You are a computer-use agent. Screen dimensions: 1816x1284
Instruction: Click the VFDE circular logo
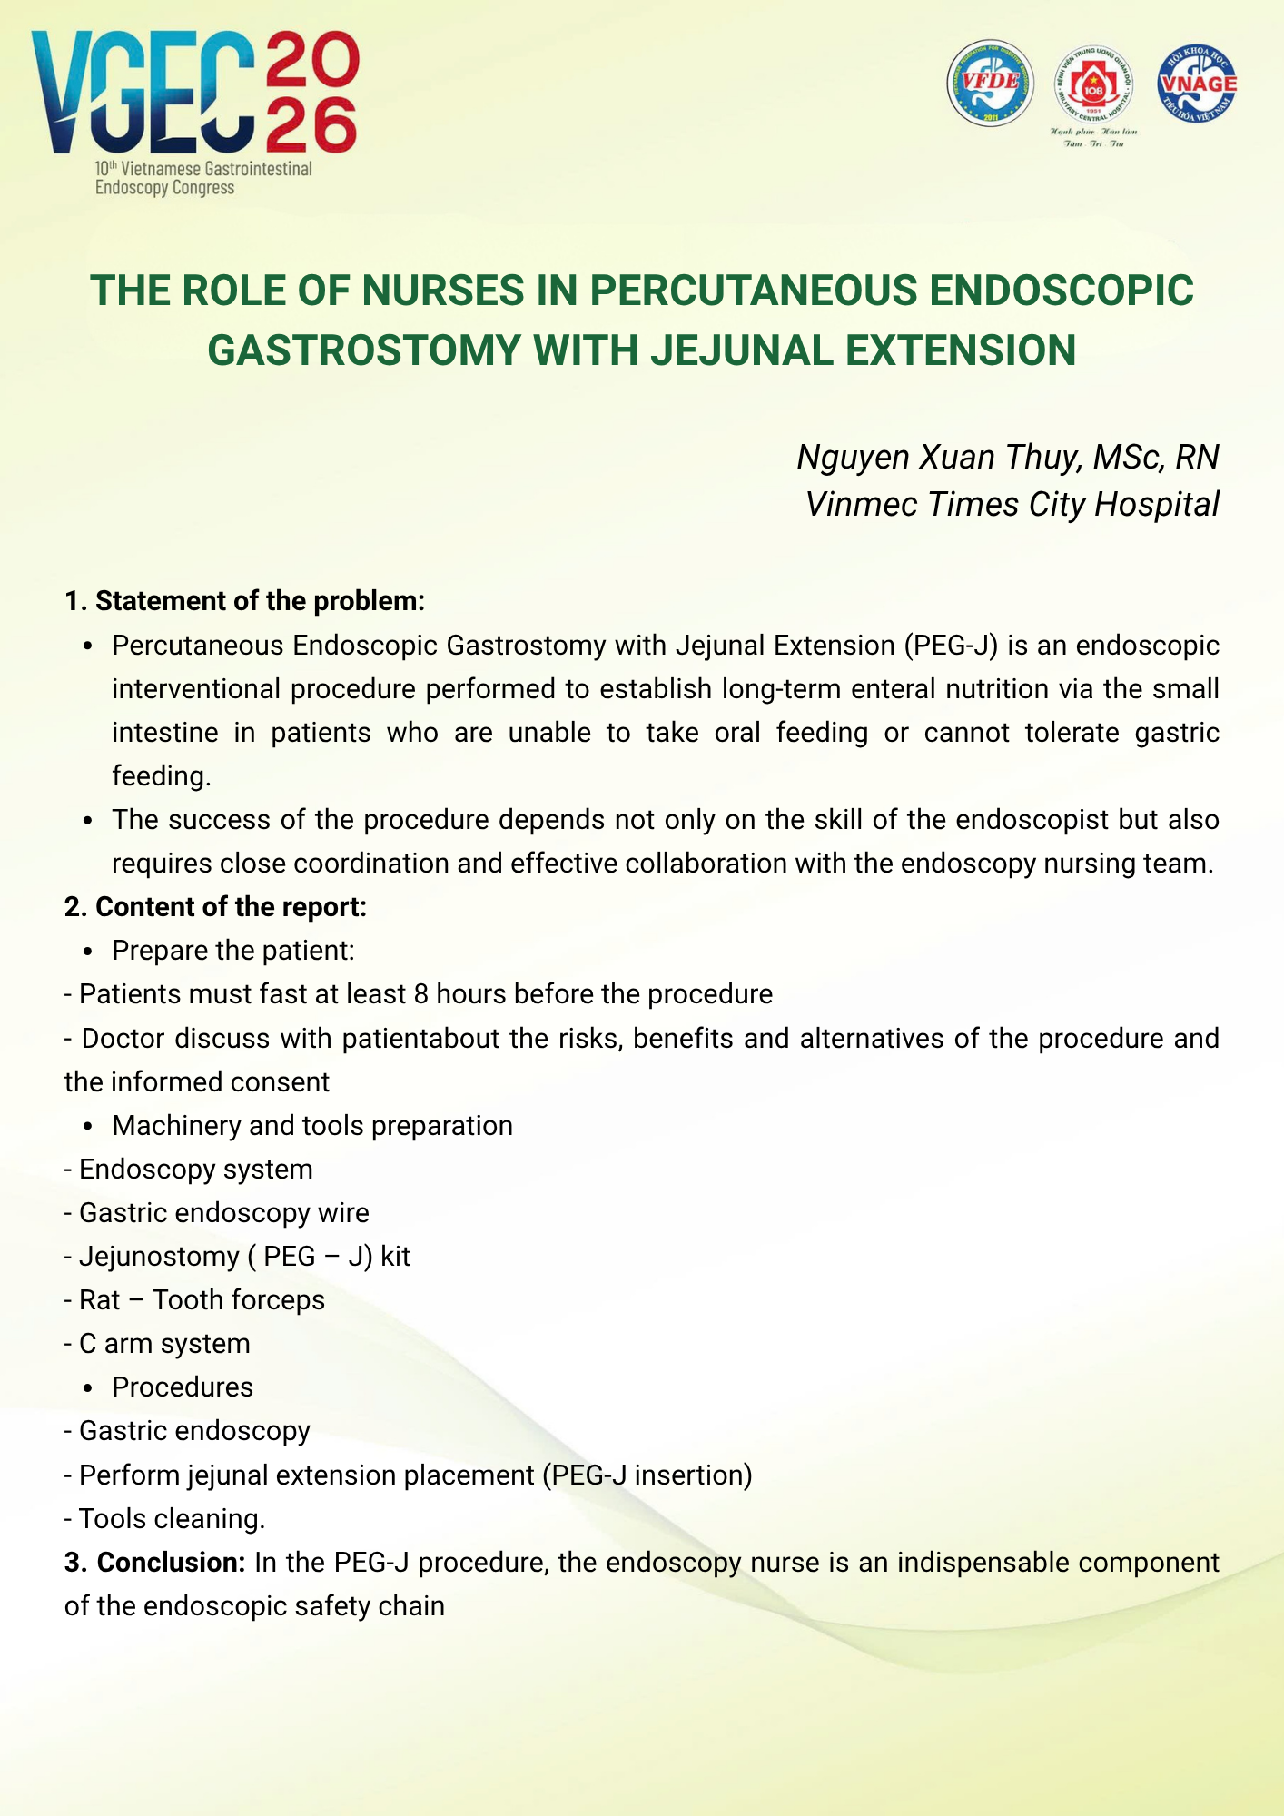click(x=991, y=83)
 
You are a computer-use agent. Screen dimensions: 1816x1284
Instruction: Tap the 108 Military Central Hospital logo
click(x=1093, y=88)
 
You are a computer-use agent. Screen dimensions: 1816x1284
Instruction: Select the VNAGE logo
click(x=1198, y=83)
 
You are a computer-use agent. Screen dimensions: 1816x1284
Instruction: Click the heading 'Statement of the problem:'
click(x=260, y=601)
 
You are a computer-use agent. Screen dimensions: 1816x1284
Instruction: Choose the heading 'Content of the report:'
click(x=231, y=906)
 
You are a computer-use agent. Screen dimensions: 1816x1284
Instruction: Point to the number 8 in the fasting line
click(x=420, y=994)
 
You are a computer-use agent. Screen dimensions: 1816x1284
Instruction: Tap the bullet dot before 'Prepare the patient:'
click(x=88, y=952)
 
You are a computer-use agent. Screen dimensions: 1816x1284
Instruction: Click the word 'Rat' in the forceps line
click(x=99, y=1299)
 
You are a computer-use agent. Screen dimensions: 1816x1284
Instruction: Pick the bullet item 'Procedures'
click(x=183, y=1387)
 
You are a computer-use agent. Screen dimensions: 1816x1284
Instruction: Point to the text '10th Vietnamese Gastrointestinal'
click(x=203, y=169)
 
